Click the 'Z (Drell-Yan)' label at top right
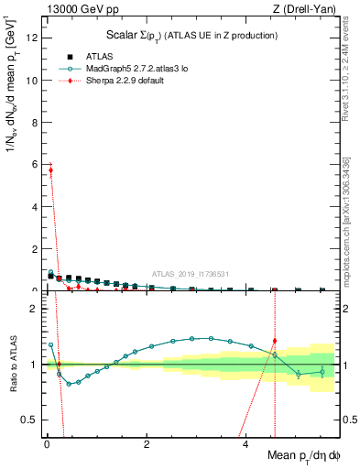[x=304, y=9]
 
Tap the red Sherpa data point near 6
[x=50, y=170]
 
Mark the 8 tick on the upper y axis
[x=36, y=123]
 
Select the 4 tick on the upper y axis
[x=36, y=207]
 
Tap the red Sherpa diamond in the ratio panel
[x=275, y=341]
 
